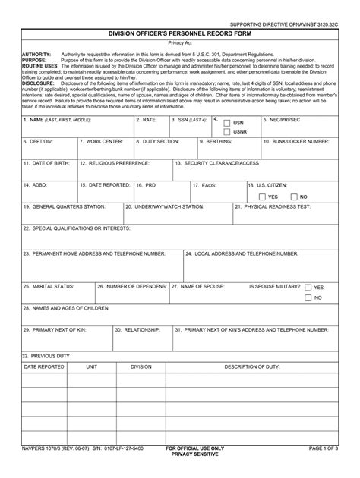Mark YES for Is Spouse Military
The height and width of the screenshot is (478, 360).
[x=308, y=288]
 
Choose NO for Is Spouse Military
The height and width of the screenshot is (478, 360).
[x=308, y=298]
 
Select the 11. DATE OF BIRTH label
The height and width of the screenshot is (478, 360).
[x=47, y=163]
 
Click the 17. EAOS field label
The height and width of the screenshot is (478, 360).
[x=205, y=185]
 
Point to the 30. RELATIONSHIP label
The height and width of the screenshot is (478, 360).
[x=137, y=330]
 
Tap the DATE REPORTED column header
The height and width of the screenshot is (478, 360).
[x=44, y=366]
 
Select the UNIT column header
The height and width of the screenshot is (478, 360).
[x=92, y=366]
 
